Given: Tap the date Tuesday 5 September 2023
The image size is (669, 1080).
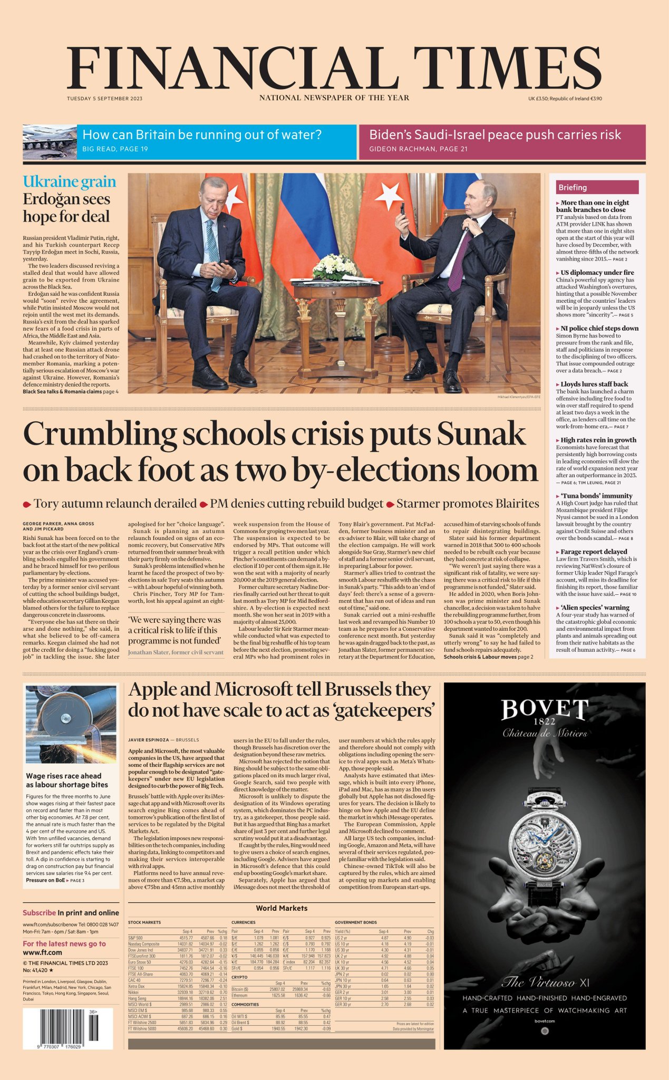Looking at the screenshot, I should coord(104,99).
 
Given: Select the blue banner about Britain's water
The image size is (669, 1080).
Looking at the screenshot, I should coord(216,141).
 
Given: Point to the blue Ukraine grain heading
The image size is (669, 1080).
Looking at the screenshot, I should coord(69,182).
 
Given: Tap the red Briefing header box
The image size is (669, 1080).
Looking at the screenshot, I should coord(597,187).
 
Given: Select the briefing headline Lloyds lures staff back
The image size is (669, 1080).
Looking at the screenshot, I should coord(594,384).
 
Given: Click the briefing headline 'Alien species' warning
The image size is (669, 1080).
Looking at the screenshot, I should coord(595,607).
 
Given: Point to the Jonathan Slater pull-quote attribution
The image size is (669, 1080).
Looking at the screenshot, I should coord(176,652).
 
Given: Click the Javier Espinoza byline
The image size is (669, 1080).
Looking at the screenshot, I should coord(149,740).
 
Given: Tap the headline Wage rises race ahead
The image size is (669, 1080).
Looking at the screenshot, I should coord(64,776).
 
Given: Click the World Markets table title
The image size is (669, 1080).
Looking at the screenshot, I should coord(282,908).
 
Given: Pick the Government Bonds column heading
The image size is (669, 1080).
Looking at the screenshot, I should coord(356,922).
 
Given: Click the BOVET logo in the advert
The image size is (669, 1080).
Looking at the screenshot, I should coord(544,710).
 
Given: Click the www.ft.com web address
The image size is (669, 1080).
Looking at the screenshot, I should coord(42,952).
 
